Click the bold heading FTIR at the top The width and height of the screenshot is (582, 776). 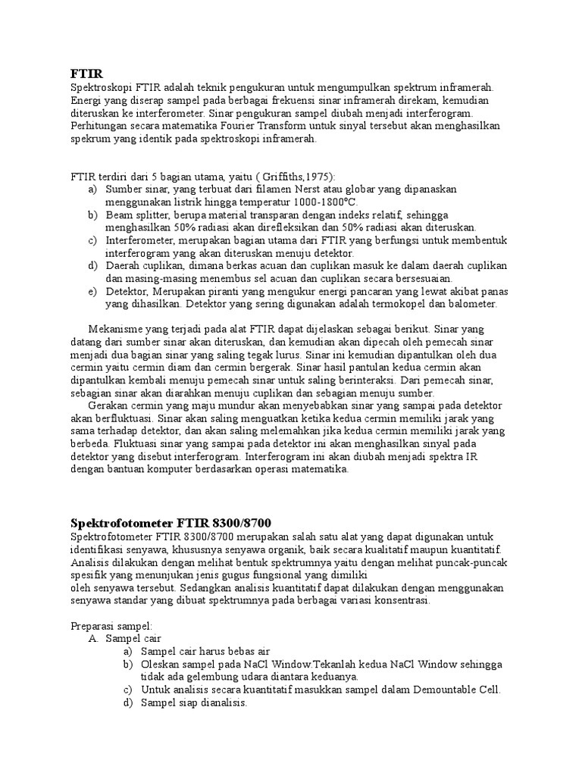point(85,75)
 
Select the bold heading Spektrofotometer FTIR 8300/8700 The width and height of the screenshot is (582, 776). point(171,524)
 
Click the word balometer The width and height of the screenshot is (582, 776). point(470,304)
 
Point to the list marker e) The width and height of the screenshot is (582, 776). point(92,292)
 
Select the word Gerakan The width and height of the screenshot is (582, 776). point(111,405)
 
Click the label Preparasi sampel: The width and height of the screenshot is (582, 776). point(111,626)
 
